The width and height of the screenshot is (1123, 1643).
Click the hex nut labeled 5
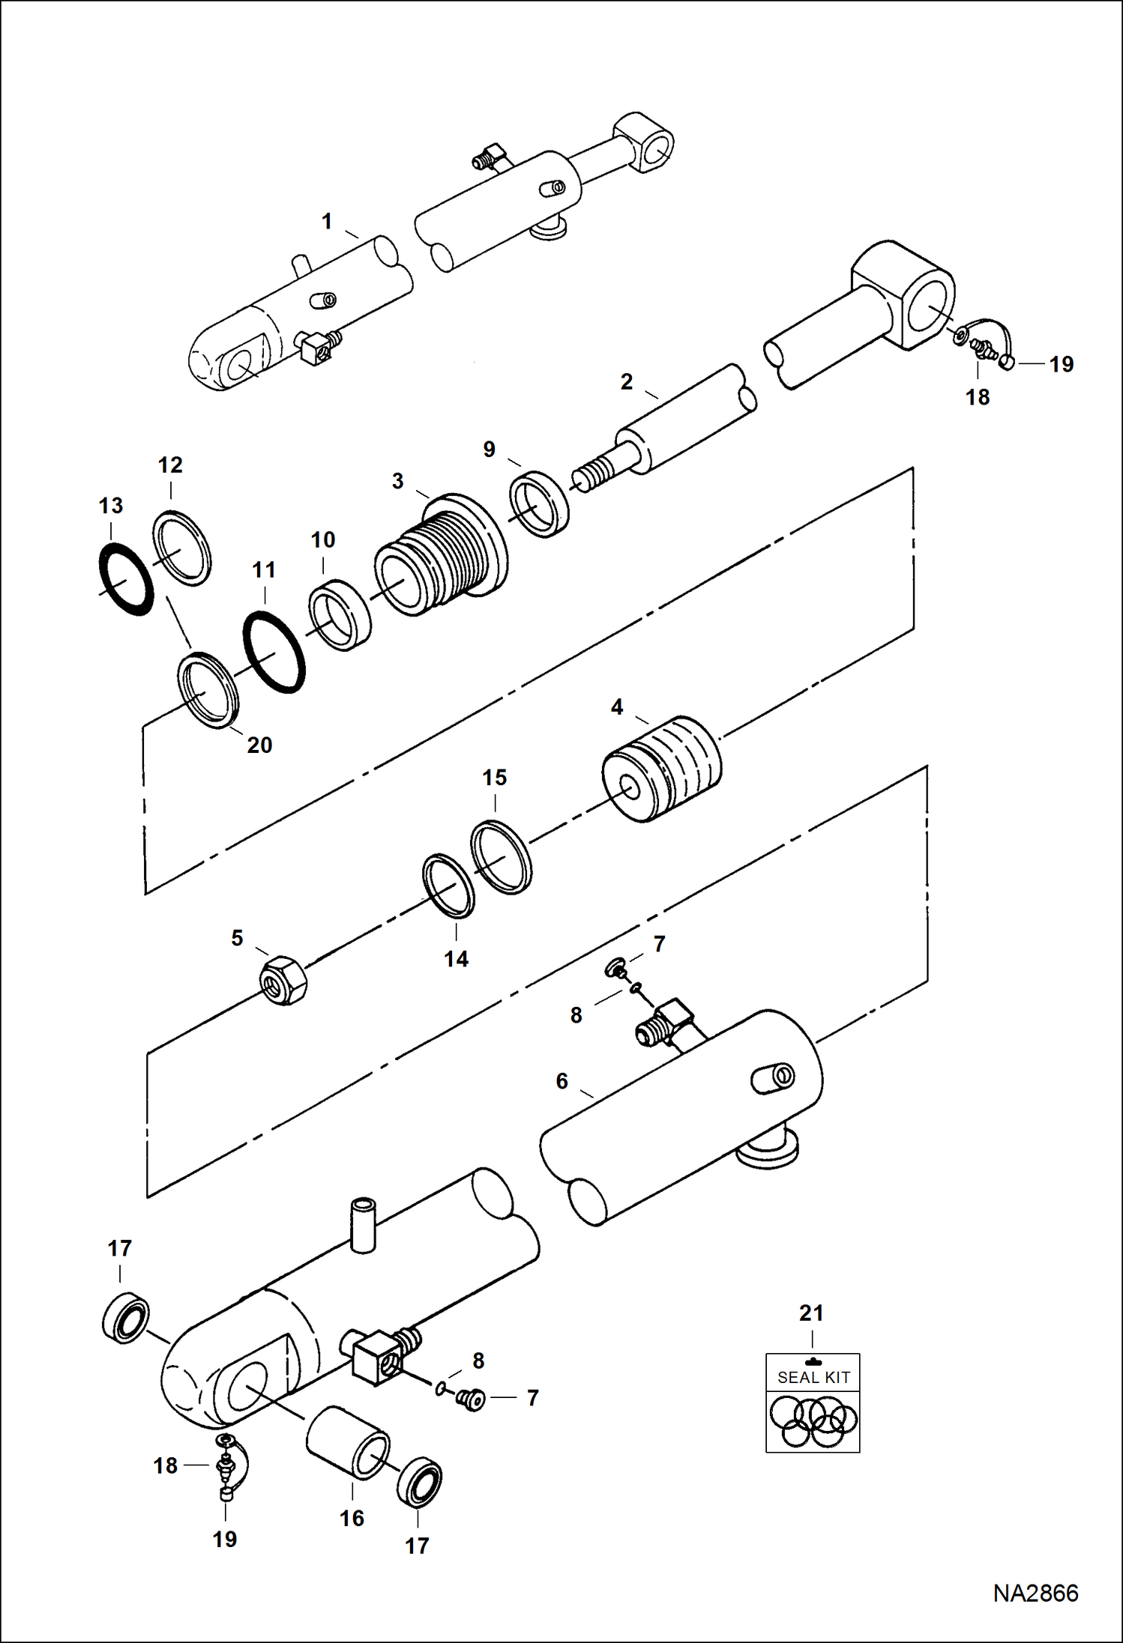pyautogui.click(x=283, y=980)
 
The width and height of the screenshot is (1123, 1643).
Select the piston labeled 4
pyautogui.click(x=663, y=768)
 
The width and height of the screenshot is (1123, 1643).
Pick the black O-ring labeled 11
pyautogui.click(x=274, y=652)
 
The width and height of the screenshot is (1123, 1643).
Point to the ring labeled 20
pyautogui.click(x=209, y=690)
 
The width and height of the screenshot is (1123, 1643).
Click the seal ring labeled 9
pyautogui.click(x=539, y=503)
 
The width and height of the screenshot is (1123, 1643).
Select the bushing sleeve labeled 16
pyautogui.click(x=348, y=1442)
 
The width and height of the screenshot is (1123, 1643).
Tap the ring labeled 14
pyautogui.click(x=448, y=886)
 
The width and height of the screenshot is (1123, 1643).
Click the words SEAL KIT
pyautogui.click(x=813, y=1377)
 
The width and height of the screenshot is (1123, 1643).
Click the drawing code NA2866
pyautogui.click(x=1035, y=1593)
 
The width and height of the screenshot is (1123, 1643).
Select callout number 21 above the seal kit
pyautogui.click(x=811, y=1313)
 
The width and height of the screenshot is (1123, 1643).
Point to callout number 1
pyautogui.click(x=327, y=221)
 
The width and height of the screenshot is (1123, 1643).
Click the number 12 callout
pyautogui.click(x=170, y=465)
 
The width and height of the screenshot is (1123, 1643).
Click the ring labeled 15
pyautogui.click(x=502, y=857)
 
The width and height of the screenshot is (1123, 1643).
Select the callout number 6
pyautogui.click(x=561, y=1080)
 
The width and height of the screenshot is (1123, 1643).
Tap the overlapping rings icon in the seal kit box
pyautogui.click(x=813, y=1420)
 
